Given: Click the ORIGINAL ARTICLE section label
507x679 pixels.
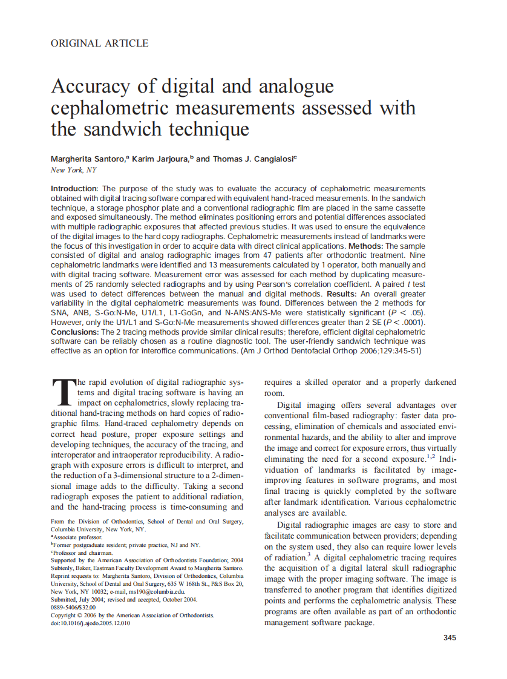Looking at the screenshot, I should pyautogui.click(x=100, y=43).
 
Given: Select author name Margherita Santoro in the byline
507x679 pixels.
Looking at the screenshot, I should pyautogui.click(x=88, y=159).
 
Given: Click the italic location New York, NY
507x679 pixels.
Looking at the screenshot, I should pyautogui.click(x=74, y=170).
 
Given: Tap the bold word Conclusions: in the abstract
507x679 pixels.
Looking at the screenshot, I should pyautogui.click(x=76, y=332).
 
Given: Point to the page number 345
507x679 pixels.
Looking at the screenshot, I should pyautogui.click(x=450, y=638).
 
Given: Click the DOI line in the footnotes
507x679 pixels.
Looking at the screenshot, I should pyautogui.click(x=90, y=623).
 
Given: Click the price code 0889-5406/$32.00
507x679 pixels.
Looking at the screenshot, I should pyautogui.click(x=73, y=607).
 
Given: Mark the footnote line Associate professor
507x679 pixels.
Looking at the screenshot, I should pyautogui.click(x=77, y=537).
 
